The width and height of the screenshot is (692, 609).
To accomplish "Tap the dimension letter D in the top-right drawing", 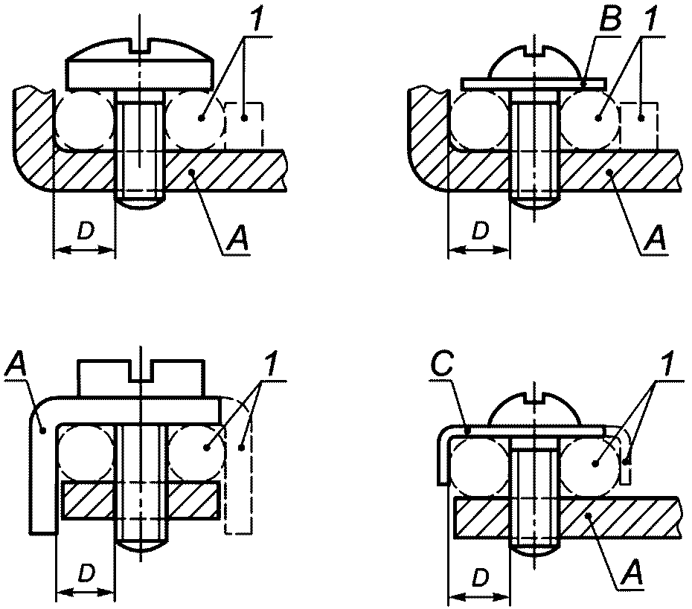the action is (480, 231).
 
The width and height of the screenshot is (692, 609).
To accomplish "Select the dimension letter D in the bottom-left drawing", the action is (86, 573).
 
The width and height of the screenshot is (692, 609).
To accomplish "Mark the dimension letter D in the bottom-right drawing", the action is (480, 577).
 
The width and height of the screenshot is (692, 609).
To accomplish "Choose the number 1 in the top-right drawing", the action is (647, 19).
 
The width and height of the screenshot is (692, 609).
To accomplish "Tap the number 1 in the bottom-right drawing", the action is (667, 364).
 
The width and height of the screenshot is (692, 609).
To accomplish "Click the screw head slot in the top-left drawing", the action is (140, 47).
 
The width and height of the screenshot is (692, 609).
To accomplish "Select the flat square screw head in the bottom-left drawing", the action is (141, 378).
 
